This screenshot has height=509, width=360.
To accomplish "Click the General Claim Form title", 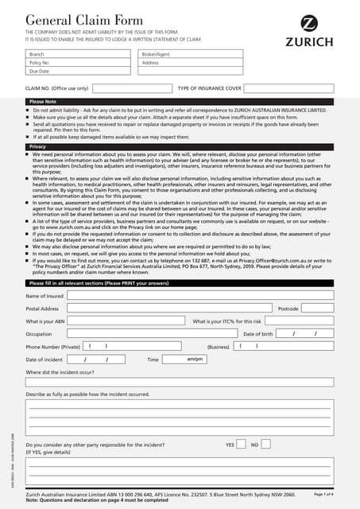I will (x=74, y=20).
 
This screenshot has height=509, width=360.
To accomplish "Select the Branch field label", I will (x=37, y=54).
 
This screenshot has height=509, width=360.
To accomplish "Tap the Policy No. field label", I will (x=40, y=62).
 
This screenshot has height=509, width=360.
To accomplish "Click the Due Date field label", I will (x=39, y=71).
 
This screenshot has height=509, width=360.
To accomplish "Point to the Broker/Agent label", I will (x=156, y=54).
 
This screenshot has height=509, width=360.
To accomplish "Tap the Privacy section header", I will (x=37, y=147).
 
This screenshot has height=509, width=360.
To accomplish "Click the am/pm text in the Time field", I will (x=195, y=359).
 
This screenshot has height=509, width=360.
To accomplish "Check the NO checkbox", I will (x=267, y=445).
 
